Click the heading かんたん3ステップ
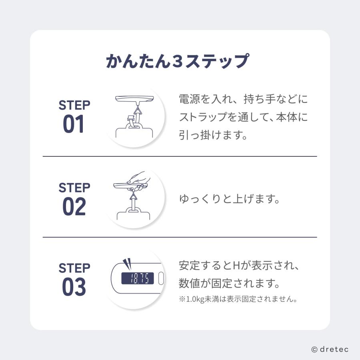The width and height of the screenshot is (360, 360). [x=178, y=61]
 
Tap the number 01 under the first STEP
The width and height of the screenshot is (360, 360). [x=74, y=124]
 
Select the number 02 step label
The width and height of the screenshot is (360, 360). [x=74, y=207]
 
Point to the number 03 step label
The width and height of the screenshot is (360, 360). [x=74, y=287]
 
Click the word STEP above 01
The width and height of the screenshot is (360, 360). [x=74, y=106]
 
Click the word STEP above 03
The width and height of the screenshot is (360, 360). [x=74, y=268]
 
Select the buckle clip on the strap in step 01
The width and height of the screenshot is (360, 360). [x=130, y=119]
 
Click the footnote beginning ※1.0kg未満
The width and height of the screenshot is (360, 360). [x=238, y=300]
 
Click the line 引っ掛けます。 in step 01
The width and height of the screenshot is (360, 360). [x=212, y=136]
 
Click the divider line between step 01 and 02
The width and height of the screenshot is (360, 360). [x=180, y=156]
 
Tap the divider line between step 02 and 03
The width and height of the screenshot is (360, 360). [x=180, y=237]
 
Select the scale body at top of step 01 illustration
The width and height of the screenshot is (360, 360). [x=134, y=98]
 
